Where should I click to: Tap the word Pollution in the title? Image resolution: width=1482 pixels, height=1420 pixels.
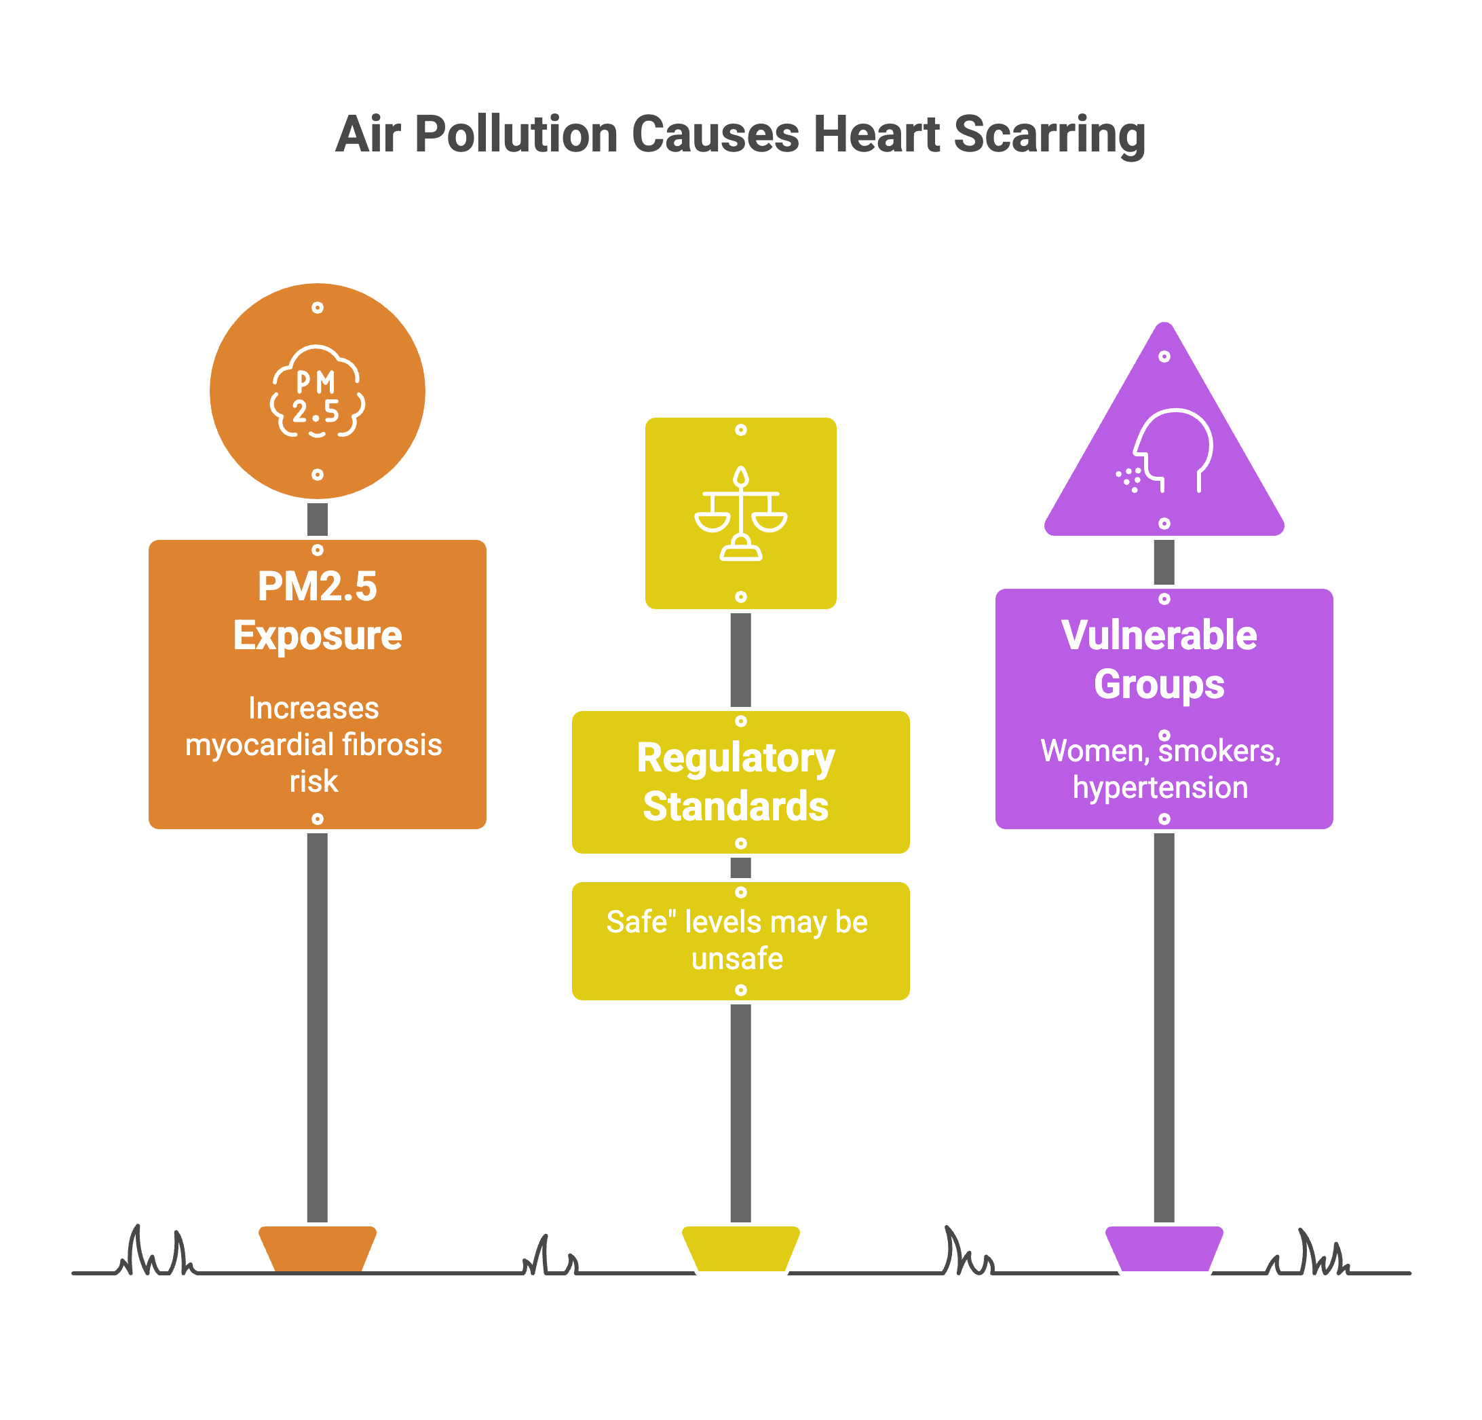point(516,134)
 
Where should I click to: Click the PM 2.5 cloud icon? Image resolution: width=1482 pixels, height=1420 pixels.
point(318,392)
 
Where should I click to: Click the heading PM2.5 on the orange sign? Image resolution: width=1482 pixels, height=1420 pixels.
point(317,586)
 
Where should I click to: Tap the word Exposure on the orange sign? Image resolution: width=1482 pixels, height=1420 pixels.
point(318,636)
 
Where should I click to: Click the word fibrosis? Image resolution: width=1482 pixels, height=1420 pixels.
point(392,745)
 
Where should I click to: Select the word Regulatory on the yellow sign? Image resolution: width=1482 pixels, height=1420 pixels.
point(736,758)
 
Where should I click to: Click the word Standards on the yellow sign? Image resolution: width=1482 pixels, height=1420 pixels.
point(736,807)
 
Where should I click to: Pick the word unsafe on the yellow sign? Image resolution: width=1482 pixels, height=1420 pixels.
point(737,960)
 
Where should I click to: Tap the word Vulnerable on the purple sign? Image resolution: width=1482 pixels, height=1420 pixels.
point(1159,636)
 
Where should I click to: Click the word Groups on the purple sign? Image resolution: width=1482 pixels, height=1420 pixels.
point(1159,685)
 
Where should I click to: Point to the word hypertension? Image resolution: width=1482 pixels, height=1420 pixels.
point(1160,788)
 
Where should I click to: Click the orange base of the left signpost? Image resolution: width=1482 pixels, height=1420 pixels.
point(318,1248)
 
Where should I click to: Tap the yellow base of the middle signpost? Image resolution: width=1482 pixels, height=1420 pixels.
point(741,1248)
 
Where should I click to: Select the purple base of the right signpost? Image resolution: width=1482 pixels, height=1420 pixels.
point(1164,1248)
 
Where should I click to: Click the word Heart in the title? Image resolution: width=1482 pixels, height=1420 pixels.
point(877,134)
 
